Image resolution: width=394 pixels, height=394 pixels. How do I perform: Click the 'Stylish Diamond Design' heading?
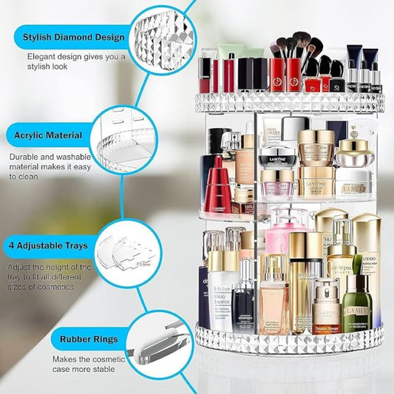click(x=72, y=37)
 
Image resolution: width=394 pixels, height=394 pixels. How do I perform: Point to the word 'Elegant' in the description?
click(x=42, y=56)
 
